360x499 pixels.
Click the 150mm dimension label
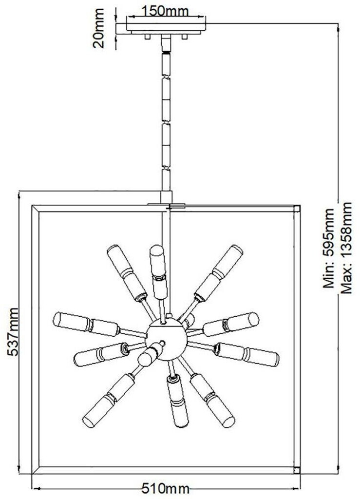pyautogui.click(x=166, y=11)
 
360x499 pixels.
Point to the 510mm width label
pyautogui.click(x=166, y=488)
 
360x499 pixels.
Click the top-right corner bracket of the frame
pyautogui.click(x=298, y=209)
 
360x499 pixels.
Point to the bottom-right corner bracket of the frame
pyautogui.click(x=298, y=470)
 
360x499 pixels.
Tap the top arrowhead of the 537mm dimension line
pyautogui.click(x=19, y=193)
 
